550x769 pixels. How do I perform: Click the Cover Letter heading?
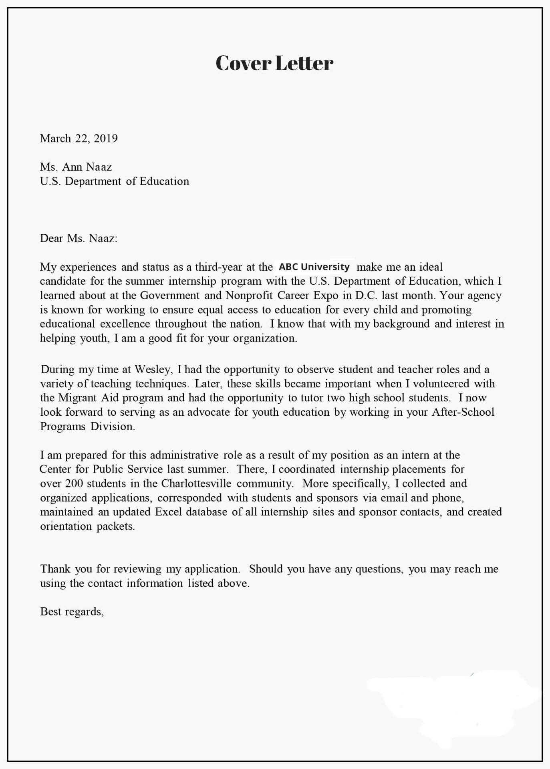pos(274,63)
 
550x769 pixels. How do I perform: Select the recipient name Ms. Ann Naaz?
pos(76,167)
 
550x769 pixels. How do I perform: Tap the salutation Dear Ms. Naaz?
pos(79,239)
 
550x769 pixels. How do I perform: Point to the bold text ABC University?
pos(314,267)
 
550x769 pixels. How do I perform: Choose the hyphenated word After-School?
pos(463,412)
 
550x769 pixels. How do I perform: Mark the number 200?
pos(74,483)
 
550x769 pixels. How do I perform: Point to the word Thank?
pos(55,569)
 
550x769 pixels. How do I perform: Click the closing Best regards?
pos(72,612)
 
